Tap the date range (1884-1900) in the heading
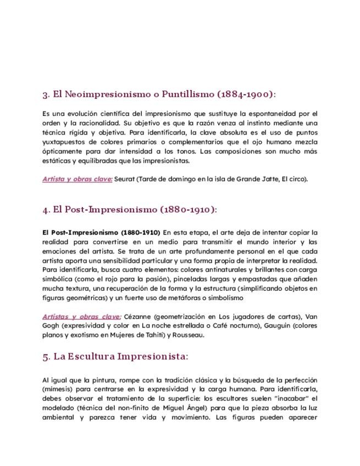246,95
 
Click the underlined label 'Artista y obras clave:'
77,179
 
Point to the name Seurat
125,179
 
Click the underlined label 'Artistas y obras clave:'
81,317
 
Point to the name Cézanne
138,317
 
